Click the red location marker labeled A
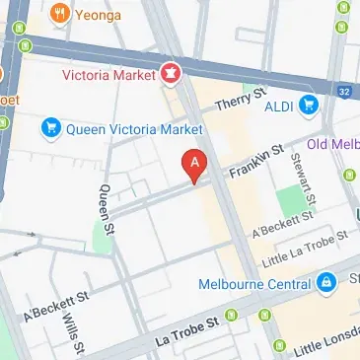pyautogui.click(x=195, y=165)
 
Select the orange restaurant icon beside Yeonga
pyautogui.click(x=61, y=14)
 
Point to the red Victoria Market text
pyautogui.click(x=108, y=75)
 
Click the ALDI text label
pyautogui.click(x=275, y=106)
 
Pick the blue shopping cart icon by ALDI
pyautogui.click(x=310, y=105)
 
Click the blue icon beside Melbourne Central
pyautogui.click(x=324, y=284)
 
